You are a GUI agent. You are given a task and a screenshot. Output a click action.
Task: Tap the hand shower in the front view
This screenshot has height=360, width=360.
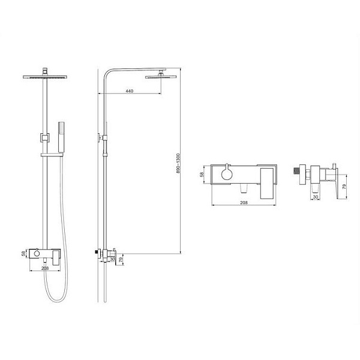tap(62, 135)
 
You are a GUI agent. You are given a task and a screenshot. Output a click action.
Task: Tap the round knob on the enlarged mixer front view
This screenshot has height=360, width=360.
tap(226, 174)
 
